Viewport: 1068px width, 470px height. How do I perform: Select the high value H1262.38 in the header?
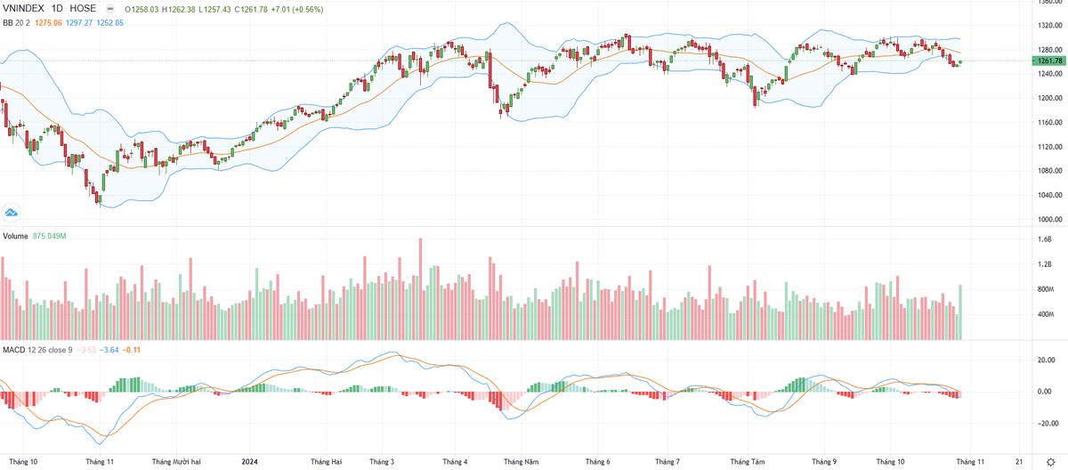click(176, 9)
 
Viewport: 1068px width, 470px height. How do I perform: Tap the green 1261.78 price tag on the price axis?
click(1045, 61)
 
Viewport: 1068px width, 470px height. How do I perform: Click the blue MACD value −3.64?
click(109, 350)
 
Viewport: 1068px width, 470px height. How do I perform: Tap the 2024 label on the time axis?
click(250, 462)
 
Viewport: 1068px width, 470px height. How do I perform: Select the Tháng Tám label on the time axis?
click(747, 462)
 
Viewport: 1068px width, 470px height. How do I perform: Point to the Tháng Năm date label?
click(521, 462)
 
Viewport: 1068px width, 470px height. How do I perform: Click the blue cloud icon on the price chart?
click(12, 213)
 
